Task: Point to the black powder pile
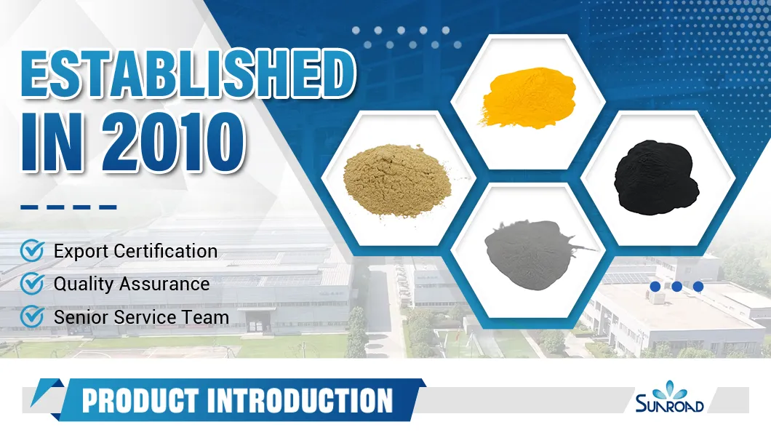(x=658, y=179)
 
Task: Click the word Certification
(x=166, y=252)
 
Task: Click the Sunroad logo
(x=669, y=399)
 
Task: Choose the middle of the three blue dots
(x=676, y=287)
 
